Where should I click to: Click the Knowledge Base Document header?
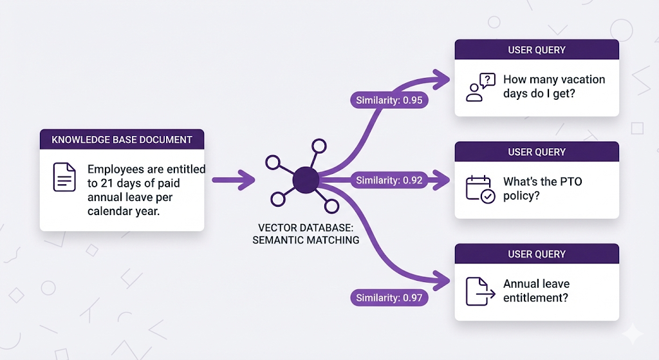coord(122,139)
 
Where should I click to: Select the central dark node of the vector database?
coord(305,180)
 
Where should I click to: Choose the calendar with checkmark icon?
coord(480,189)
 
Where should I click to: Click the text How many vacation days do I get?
coord(554,87)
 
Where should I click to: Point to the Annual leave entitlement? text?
coord(536,290)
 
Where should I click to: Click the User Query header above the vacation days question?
coord(537,50)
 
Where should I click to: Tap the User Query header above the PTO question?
coord(537,152)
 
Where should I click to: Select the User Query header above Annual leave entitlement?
coord(537,254)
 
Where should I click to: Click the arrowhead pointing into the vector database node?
coord(247,180)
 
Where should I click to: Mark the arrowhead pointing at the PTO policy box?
coord(442,180)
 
